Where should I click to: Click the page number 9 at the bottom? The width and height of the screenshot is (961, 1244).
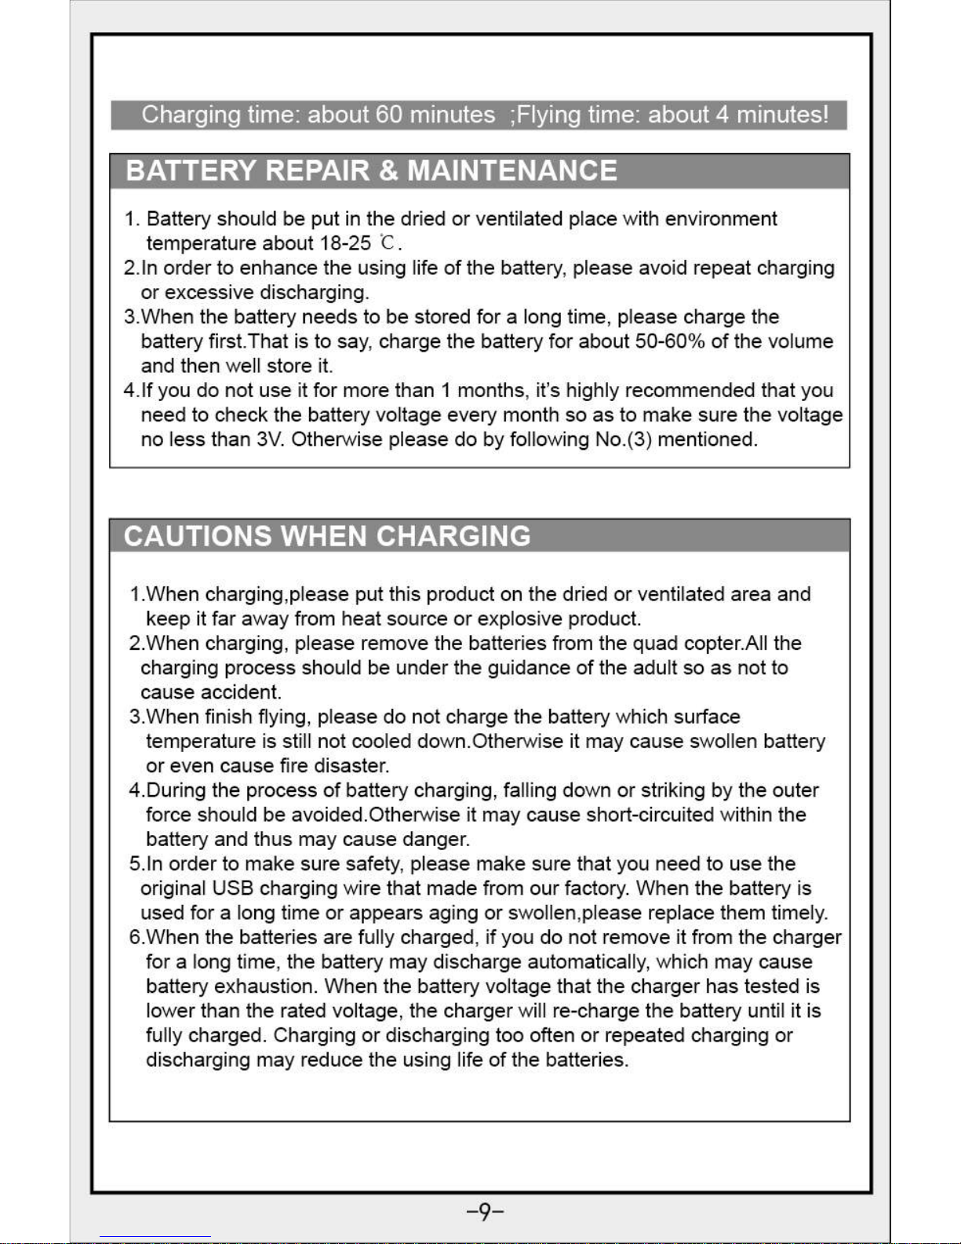click(x=485, y=1213)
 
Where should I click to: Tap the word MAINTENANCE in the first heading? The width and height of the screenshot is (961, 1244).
click(x=512, y=170)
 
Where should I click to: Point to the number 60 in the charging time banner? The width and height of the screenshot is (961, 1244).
click(x=389, y=115)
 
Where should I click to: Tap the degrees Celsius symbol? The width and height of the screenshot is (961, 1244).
click(x=387, y=243)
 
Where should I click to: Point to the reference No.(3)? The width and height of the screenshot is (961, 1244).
click(x=624, y=440)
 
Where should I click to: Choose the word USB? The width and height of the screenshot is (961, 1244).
click(x=232, y=888)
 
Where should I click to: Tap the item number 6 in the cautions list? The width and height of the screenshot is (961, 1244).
click(x=135, y=937)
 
